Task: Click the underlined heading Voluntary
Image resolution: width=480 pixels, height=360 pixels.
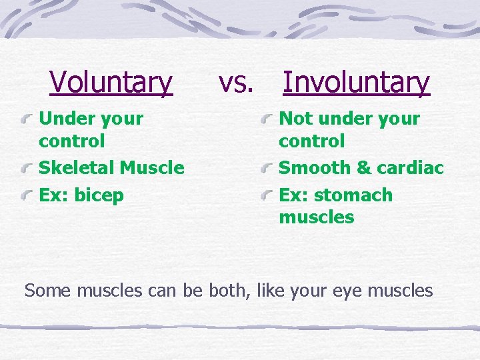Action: [x=111, y=83]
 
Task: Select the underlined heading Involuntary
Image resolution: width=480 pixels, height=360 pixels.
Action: [x=356, y=83]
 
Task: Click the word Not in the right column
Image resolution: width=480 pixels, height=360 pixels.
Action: [x=295, y=119]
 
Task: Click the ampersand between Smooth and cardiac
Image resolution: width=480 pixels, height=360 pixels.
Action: [x=364, y=168]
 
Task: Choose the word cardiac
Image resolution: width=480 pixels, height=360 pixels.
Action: [x=410, y=168]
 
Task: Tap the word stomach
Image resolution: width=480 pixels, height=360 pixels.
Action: [x=355, y=195]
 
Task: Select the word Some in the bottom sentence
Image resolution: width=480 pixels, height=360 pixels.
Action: [x=48, y=291]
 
